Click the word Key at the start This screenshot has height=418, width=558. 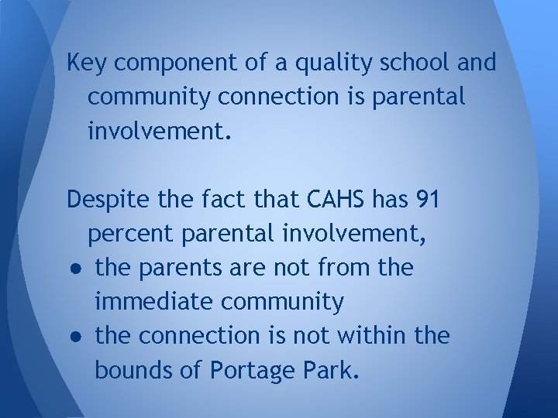click(84, 63)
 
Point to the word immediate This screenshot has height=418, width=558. click(148, 303)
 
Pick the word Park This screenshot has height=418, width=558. click(332, 371)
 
